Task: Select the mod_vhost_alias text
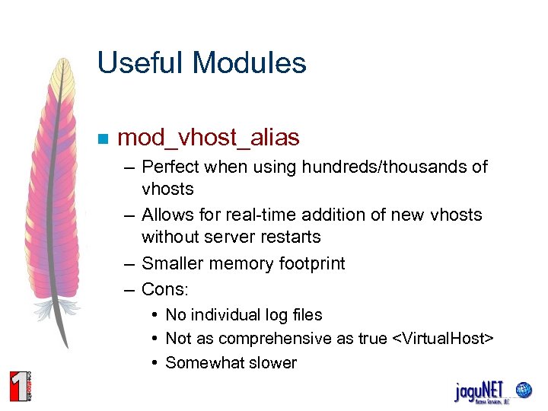coord(209,138)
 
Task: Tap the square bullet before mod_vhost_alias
coord(104,139)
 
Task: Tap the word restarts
coord(290,237)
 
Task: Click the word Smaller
coord(171,264)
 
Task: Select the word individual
coord(228,315)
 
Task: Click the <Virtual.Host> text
coord(443,339)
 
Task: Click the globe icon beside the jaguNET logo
coord(524,389)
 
